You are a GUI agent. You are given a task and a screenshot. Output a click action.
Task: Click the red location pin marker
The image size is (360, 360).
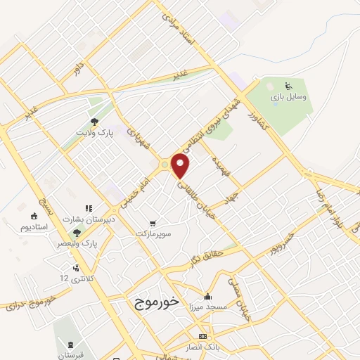tap(181, 166)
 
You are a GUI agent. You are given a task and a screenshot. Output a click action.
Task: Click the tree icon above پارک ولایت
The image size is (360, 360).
tap(94, 120)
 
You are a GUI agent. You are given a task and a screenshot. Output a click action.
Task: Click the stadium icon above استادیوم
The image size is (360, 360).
tap(34, 216)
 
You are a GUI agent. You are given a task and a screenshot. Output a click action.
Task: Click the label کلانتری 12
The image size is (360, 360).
tap(74, 279)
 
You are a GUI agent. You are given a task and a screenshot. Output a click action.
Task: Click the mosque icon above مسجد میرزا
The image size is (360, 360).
tap(207, 296)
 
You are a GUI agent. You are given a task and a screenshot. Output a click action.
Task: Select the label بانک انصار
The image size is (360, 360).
tap(202, 347)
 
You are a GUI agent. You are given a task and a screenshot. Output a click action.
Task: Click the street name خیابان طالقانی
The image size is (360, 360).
tap(195, 201)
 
